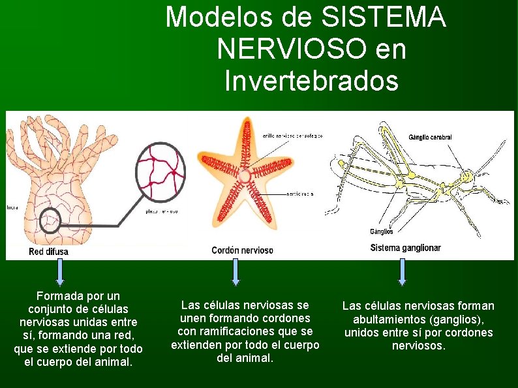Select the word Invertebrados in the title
point(311,82)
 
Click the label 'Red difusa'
point(48,251)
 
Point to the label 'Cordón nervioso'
point(242,250)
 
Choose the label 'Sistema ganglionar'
point(405,248)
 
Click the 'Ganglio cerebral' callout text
point(430,138)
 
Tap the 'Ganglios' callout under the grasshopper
point(381,231)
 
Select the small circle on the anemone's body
point(50,222)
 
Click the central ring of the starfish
point(245,175)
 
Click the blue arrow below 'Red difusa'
point(60,272)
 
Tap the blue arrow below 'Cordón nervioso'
point(236,272)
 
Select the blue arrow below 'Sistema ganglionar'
point(402,272)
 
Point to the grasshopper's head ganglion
point(467,176)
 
